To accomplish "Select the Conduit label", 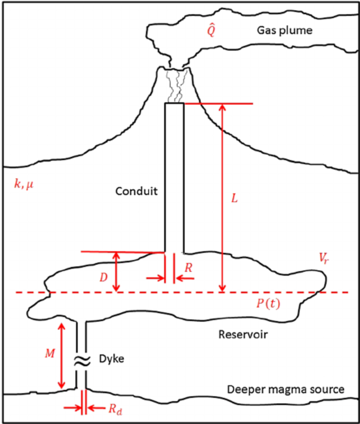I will tap(136, 191).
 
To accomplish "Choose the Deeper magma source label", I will tap(285, 389).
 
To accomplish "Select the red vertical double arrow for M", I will tap(62, 355).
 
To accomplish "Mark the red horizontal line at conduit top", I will tap(218, 104).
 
